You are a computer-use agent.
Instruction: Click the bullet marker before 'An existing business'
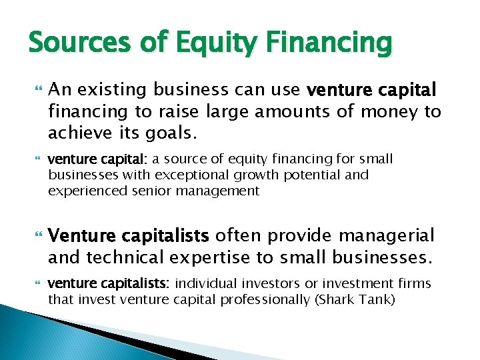[37, 90]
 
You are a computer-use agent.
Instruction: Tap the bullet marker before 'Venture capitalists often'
[37, 235]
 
